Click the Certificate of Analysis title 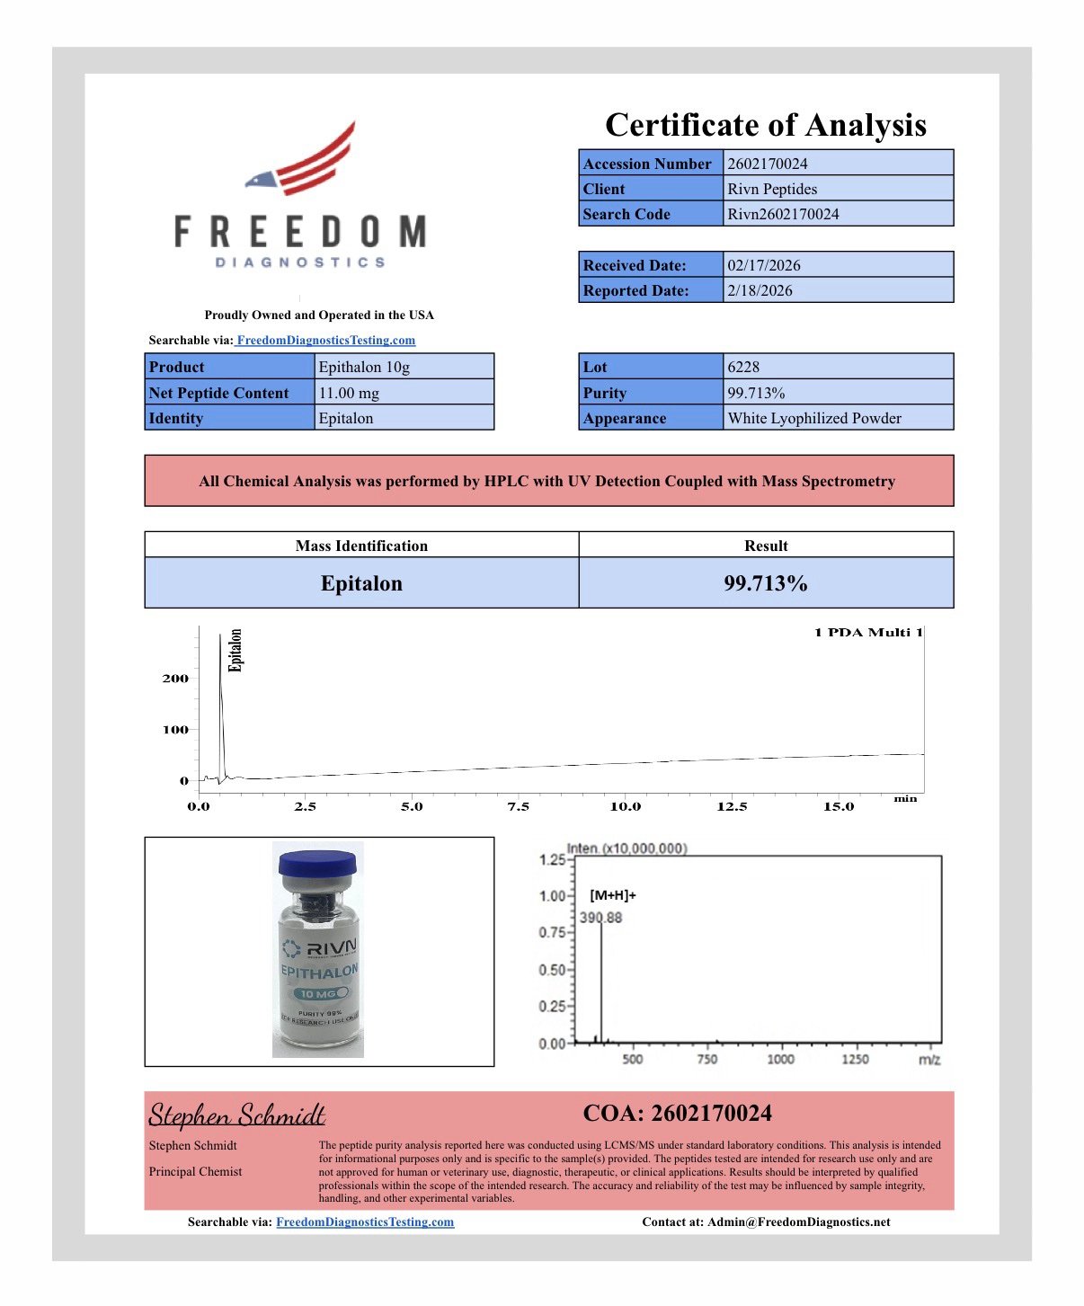tap(765, 125)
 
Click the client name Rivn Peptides tap(772, 189)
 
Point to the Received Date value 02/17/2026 tap(763, 265)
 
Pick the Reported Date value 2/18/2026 tap(760, 290)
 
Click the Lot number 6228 tap(743, 367)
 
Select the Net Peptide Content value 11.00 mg tap(349, 393)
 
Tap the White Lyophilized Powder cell tap(814, 418)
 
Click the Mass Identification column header tap(361, 546)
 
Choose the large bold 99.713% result tap(766, 583)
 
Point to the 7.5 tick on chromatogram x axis tap(519, 806)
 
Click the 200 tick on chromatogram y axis tap(175, 679)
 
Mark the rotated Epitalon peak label tap(235, 650)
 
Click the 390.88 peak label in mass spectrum tap(600, 918)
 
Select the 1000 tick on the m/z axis tap(780, 1059)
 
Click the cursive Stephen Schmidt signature tap(236, 1115)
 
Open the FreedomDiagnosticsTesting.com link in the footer tap(365, 1222)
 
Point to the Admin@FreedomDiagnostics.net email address tap(798, 1222)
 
